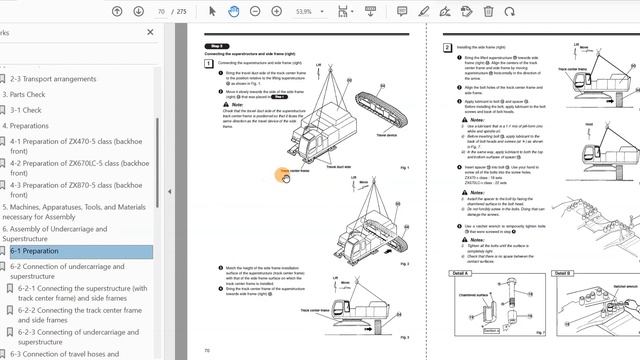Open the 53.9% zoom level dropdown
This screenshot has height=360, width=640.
point(308,12)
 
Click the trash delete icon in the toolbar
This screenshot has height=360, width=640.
point(489,12)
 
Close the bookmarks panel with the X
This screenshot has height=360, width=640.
point(151,32)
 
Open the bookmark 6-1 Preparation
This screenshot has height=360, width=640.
point(34,252)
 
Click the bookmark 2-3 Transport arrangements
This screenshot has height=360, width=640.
point(52,78)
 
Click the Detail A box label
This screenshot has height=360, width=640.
point(462,273)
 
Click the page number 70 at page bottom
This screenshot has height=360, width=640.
point(207,351)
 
